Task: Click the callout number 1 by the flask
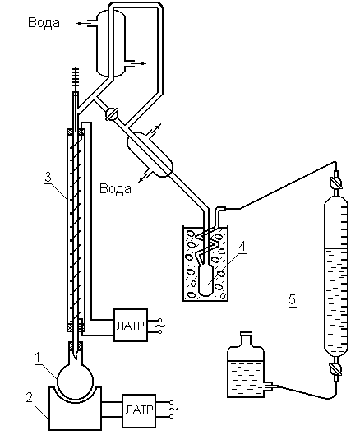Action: pos(38,358)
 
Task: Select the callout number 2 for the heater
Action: pos(30,397)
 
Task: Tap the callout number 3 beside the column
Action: pos(48,177)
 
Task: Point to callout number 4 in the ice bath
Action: pos(242,246)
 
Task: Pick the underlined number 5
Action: pos(293,300)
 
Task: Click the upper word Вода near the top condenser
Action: pos(44,22)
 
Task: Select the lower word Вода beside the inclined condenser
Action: pos(115,188)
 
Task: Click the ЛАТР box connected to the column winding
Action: pos(131,325)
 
